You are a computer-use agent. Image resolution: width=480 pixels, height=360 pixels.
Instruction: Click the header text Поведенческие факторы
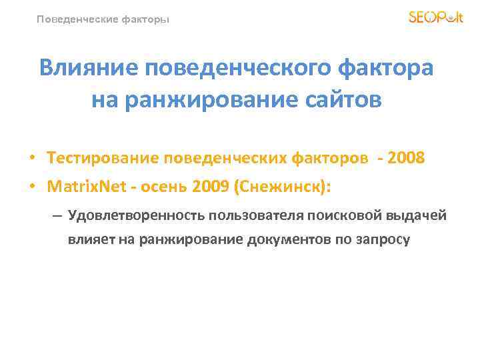point(103,19)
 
